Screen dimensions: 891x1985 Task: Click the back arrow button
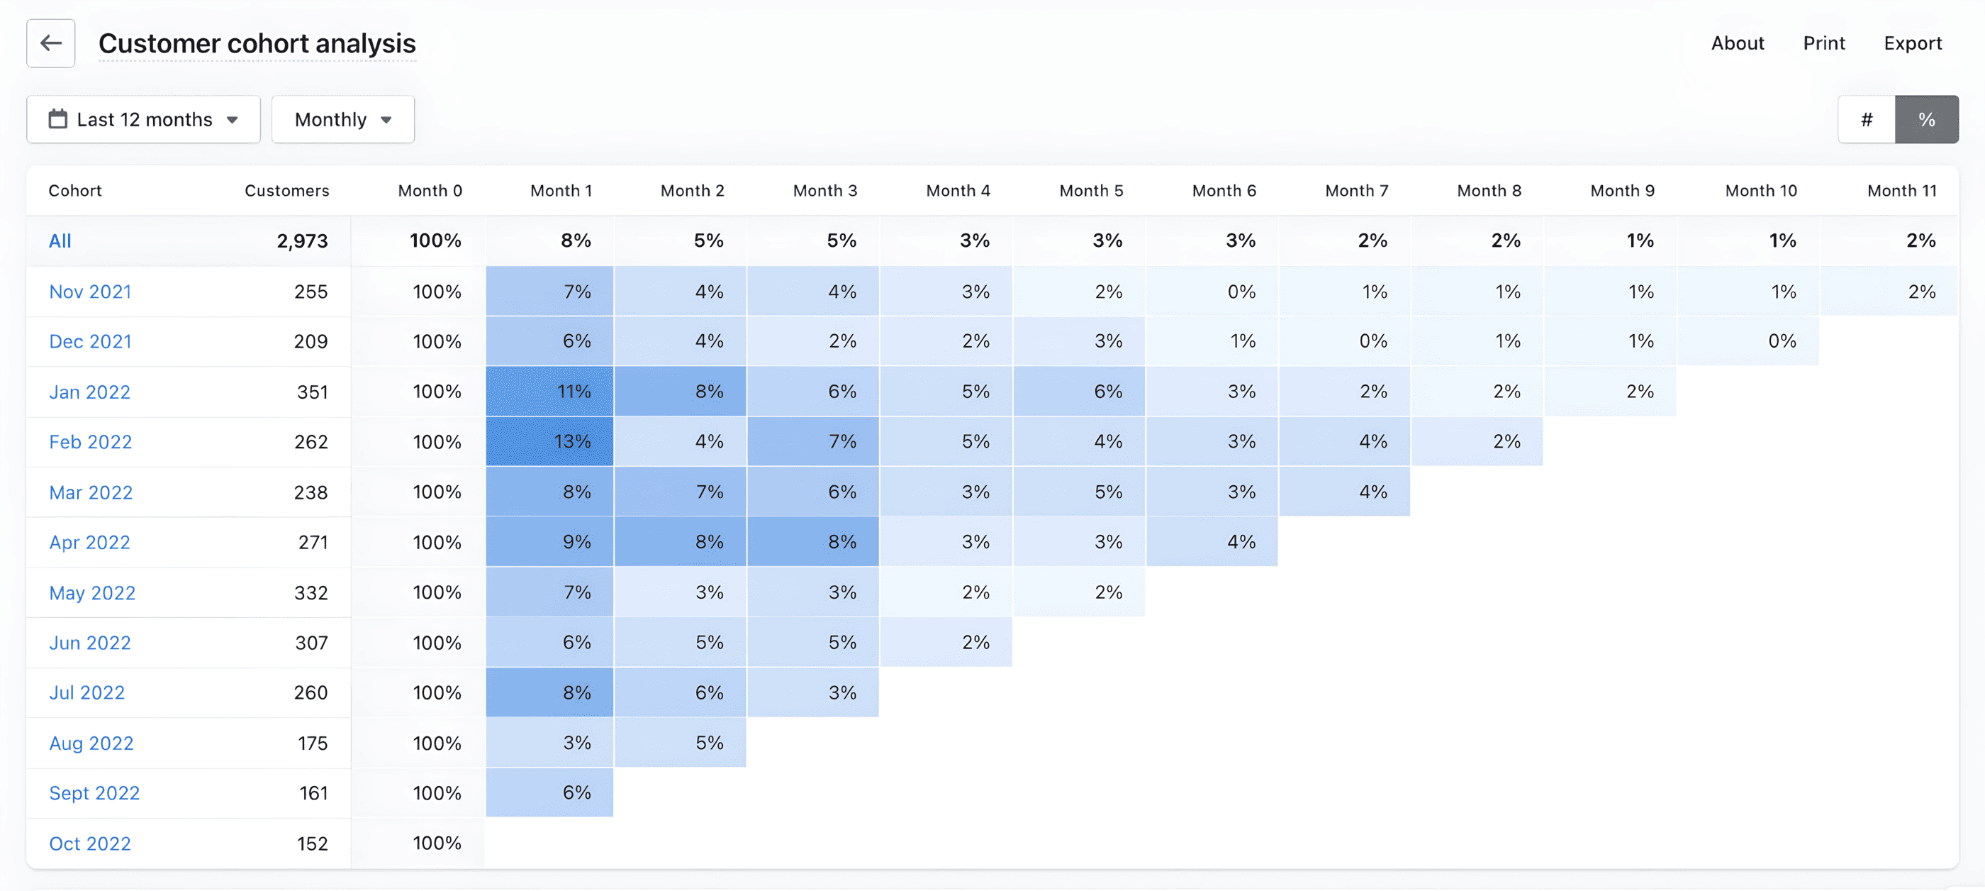click(x=51, y=43)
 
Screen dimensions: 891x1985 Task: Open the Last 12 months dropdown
click(x=143, y=119)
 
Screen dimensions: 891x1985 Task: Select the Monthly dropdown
click(x=343, y=119)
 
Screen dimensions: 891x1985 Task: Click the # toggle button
click(x=1867, y=119)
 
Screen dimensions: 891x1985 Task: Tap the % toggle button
click(x=1926, y=119)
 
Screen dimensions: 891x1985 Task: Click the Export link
click(x=1913, y=43)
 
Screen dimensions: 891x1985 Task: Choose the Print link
click(x=1823, y=43)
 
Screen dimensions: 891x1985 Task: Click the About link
click(x=1737, y=43)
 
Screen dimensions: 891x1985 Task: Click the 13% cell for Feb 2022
click(x=549, y=442)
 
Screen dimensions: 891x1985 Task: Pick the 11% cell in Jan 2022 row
click(x=549, y=392)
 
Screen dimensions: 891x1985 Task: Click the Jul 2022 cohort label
click(x=87, y=692)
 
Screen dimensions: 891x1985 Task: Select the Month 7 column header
click(x=1356, y=190)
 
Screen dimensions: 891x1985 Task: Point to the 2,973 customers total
click(x=302, y=240)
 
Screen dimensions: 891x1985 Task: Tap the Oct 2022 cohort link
click(x=90, y=843)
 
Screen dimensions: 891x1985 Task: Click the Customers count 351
click(x=312, y=392)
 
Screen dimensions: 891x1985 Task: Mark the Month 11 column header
click(x=1901, y=190)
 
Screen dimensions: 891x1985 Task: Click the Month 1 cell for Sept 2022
click(x=549, y=792)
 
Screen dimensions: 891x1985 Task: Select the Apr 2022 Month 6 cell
click(x=1212, y=542)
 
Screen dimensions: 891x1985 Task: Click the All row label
click(x=60, y=240)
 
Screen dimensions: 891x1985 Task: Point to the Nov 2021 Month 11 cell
click(x=1889, y=292)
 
